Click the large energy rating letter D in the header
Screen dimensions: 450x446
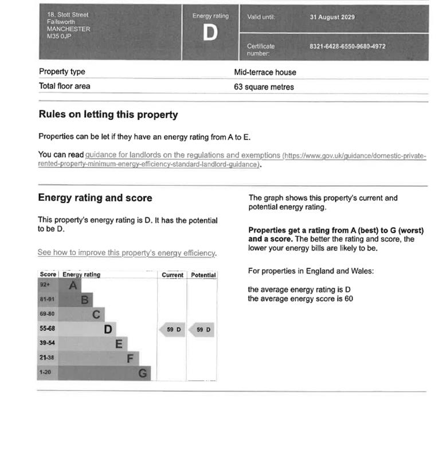210,33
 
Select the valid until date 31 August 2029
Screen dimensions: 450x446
332,17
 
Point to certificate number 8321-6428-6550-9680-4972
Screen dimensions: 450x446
347,46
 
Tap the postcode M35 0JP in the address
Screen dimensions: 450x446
60,36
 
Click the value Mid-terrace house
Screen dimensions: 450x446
265,72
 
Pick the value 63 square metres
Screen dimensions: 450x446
264,87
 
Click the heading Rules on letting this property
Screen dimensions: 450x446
108,115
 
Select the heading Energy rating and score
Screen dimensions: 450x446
95,198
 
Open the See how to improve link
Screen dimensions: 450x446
127,252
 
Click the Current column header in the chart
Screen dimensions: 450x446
173,275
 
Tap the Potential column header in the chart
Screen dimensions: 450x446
203,275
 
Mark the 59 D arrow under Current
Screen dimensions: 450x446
173,330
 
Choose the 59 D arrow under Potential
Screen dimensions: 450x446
203,330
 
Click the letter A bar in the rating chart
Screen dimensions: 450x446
72,285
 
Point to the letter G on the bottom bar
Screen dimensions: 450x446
143,374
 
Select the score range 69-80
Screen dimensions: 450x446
46,314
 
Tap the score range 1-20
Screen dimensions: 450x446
45,373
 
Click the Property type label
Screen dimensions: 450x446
62,72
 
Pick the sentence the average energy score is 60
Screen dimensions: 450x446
300,299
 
